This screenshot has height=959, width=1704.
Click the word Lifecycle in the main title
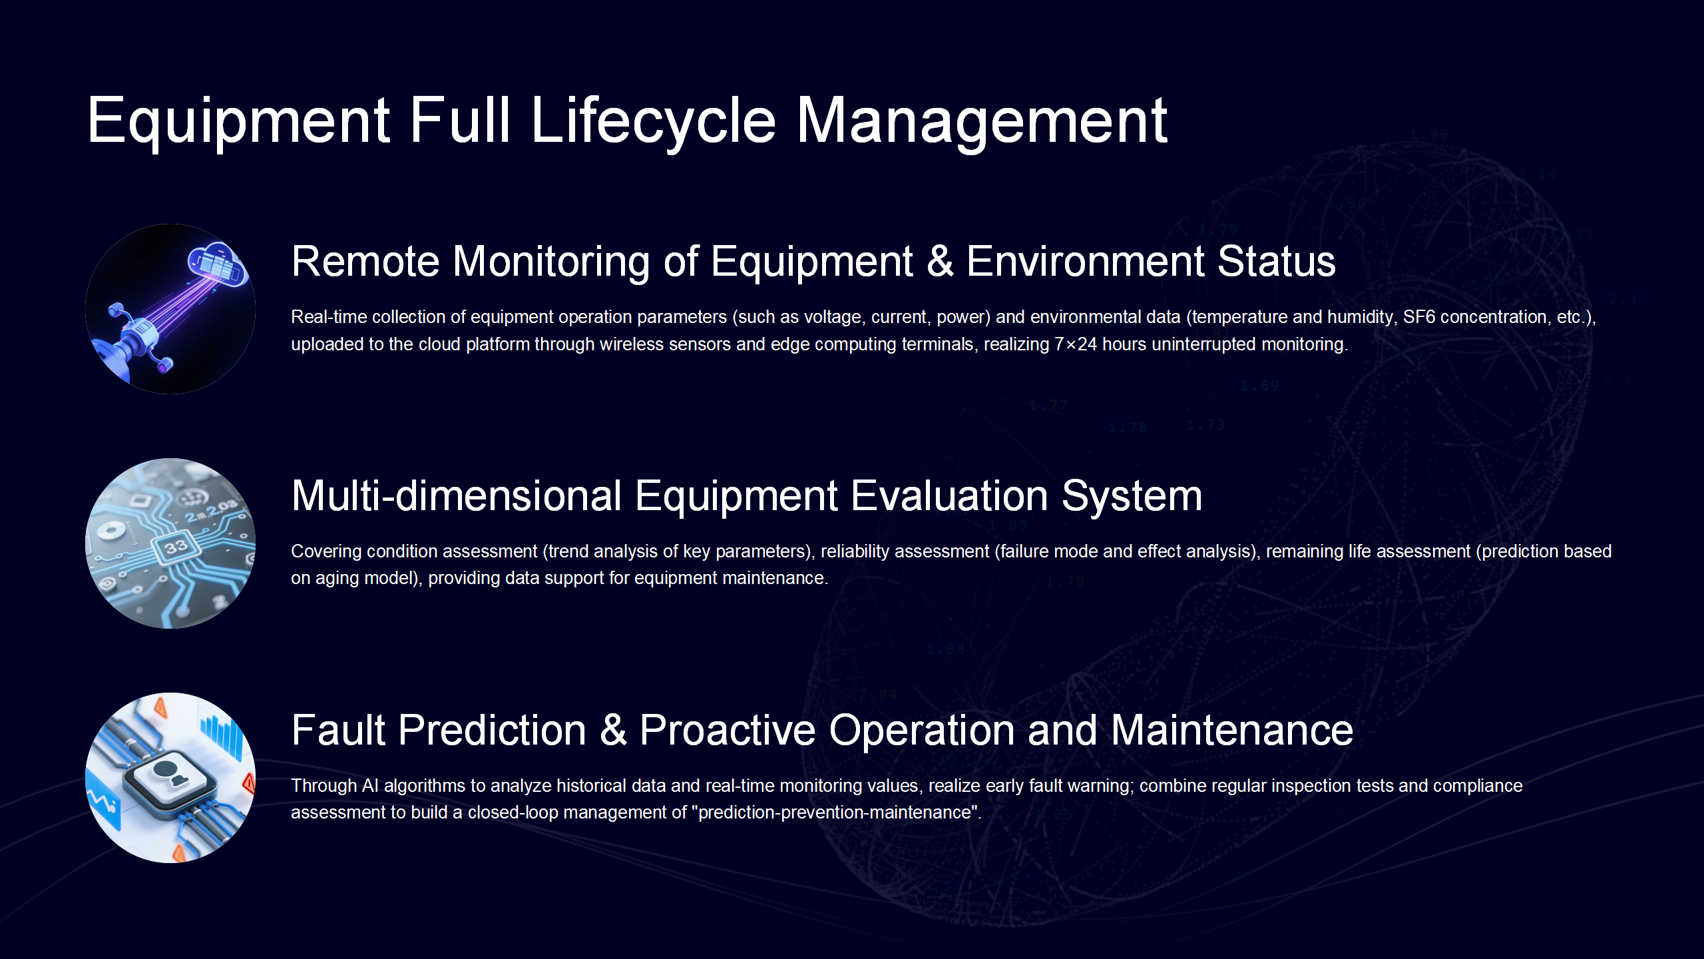(x=653, y=121)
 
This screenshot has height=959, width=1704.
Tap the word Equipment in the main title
(x=238, y=121)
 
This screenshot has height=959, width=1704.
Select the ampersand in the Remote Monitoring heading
(x=939, y=261)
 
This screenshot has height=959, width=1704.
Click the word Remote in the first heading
(x=365, y=261)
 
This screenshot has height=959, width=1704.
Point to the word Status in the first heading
(x=1276, y=261)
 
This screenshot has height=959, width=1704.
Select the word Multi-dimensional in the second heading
(x=457, y=495)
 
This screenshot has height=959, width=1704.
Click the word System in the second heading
(x=1132, y=497)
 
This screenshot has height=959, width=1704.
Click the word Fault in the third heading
(x=339, y=730)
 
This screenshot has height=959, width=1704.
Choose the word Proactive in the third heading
(x=728, y=730)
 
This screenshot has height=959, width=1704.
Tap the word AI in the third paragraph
(x=370, y=786)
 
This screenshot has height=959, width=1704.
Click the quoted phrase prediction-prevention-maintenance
(x=838, y=813)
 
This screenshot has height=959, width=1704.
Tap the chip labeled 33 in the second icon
(x=176, y=547)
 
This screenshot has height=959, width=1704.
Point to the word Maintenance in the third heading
(x=1231, y=730)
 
